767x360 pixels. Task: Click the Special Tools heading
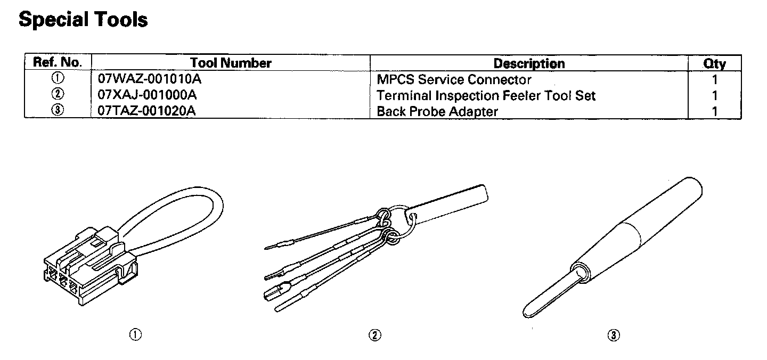[x=83, y=20]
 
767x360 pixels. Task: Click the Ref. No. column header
[x=58, y=62]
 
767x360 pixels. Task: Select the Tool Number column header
[x=231, y=63]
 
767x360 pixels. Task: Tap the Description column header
[x=528, y=63]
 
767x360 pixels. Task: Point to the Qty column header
[x=714, y=63]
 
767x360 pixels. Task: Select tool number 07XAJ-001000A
[x=148, y=95]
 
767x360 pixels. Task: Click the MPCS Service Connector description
[x=454, y=80]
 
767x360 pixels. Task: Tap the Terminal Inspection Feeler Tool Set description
[x=486, y=96]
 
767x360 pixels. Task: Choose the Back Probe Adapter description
[x=437, y=112]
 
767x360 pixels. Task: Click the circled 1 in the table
[x=58, y=79]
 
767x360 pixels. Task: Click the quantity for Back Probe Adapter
[x=714, y=112]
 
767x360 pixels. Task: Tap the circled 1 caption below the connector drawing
[x=136, y=334]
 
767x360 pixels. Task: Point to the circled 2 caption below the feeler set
[x=375, y=335]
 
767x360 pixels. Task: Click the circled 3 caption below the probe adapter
[x=614, y=335]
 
